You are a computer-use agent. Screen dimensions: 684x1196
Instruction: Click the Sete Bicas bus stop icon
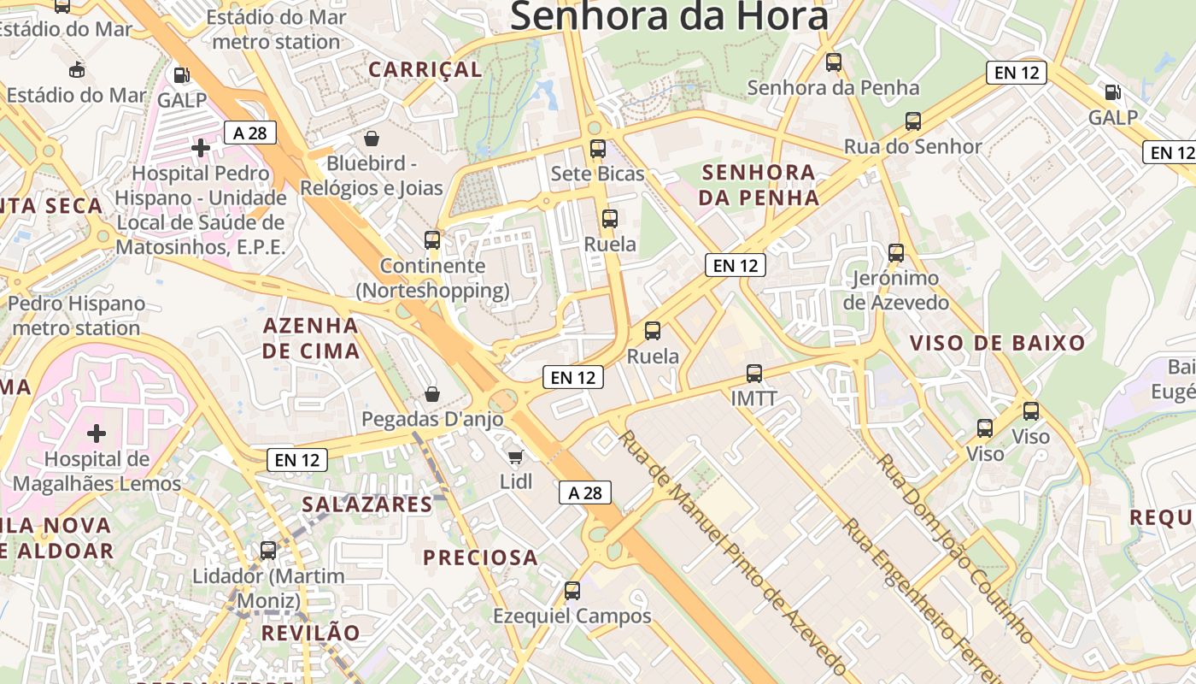point(597,149)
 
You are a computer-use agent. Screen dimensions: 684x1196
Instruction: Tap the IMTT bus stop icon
point(753,373)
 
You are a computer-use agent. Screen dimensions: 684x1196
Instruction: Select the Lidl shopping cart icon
point(515,457)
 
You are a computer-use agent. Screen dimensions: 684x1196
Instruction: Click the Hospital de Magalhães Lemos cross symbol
point(97,433)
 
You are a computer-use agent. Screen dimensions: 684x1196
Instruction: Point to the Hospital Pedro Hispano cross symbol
point(200,149)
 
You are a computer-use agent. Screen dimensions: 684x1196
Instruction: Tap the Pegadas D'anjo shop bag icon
point(432,394)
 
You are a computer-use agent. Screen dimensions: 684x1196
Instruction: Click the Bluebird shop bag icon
point(372,138)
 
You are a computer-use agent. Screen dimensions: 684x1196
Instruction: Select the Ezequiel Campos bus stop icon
point(572,590)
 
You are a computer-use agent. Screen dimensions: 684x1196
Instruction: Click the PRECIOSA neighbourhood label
point(481,557)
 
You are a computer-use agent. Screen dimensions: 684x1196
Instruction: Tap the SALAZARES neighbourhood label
point(367,504)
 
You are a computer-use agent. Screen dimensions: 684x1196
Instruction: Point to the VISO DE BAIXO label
point(997,344)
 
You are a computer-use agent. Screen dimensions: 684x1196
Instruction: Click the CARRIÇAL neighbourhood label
point(425,69)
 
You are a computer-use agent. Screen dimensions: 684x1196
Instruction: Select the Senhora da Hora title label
point(669,15)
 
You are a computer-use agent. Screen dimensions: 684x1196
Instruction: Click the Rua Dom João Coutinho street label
point(955,547)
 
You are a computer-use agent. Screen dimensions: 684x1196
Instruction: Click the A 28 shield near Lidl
point(585,492)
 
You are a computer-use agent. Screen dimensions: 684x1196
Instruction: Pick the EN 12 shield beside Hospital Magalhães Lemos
point(297,459)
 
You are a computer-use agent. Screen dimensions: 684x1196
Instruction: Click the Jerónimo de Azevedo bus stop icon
point(895,252)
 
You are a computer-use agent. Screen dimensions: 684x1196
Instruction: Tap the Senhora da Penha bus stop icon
point(833,62)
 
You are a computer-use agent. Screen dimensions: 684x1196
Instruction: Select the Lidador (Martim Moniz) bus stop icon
point(268,550)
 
